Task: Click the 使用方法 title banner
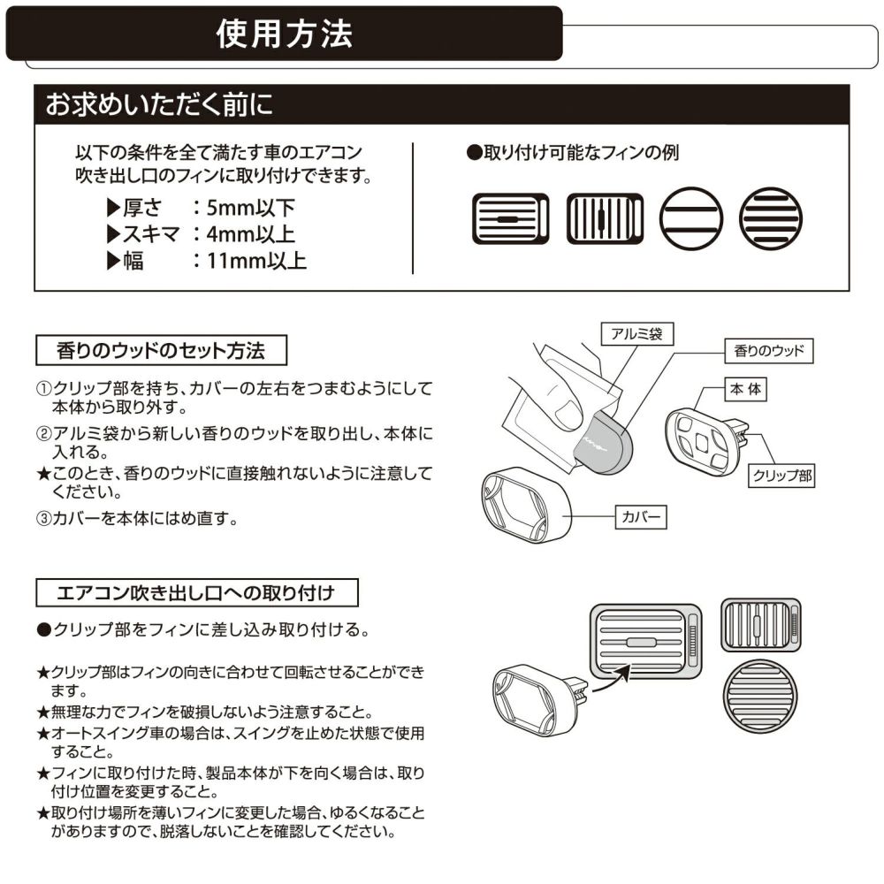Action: pyautogui.click(x=285, y=34)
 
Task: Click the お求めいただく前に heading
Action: pyautogui.click(x=159, y=104)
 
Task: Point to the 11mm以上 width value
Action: pyautogui.click(x=256, y=261)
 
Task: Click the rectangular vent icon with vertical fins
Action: pyautogui.click(x=598, y=217)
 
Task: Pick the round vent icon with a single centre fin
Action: pyautogui.click(x=690, y=217)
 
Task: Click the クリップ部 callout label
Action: pyautogui.click(x=781, y=476)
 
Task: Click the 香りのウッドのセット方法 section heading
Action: pyautogui.click(x=161, y=350)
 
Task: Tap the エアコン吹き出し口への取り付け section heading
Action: pyautogui.click(x=195, y=591)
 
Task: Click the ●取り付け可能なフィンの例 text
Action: pyautogui.click(x=572, y=153)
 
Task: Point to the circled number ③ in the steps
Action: pyautogui.click(x=43, y=519)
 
